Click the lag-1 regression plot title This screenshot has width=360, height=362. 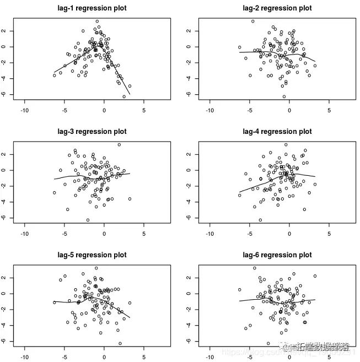pyautogui.click(x=92, y=8)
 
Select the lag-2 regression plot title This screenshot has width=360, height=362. pyautogui.click(x=277, y=8)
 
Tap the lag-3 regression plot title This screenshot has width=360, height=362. pyautogui.click(x=92, y=132)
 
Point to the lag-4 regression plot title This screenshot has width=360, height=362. pyautogui.click(x=277, y=132)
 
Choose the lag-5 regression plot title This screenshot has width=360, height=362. pyautogui.click(x=92, y=255)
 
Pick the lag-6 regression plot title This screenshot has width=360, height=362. pyautogui.click(x=277, y=255)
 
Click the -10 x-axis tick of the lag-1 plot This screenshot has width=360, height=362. pyautogui.click(x=24, y=110)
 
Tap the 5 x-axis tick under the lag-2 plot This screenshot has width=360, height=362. pyautogui.click(x=329, y=110)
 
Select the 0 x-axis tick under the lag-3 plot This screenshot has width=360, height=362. pyautogui.click(x=104, y=234)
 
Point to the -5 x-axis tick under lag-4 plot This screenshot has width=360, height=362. pyautogui.click(x=250, y=234)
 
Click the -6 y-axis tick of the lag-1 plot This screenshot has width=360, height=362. pyautogui.click(x=4, y=94)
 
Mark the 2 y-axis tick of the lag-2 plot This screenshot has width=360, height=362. pyautogui.click(x=189, y=31)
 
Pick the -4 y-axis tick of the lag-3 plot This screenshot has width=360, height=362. pyautogui.click(x=4, y=202)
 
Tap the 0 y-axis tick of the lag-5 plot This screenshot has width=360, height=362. pyautogui.click(x=4, y=294)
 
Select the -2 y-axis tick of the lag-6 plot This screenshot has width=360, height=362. pyautogui.click(x=189, y=310)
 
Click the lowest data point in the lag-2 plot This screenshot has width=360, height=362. pyautogui.click(x=284, y=96)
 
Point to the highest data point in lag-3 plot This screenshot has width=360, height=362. pyautogui.click(x=119, y=145)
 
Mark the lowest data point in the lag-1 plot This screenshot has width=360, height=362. pyautogui.click(x=124, y=96)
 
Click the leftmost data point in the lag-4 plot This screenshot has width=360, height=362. pyautogui.click(x=240, y=195)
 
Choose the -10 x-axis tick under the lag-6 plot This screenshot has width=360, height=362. pyautogui.click(x=209, y=357)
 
